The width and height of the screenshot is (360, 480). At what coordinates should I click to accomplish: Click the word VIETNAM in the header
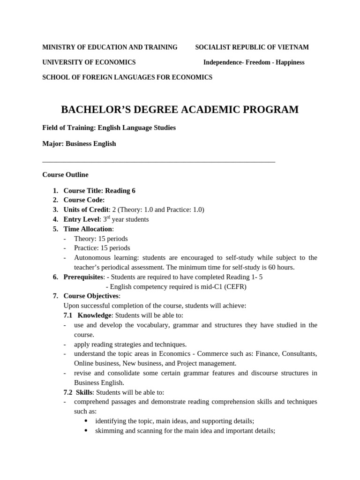click(x=294, y=47)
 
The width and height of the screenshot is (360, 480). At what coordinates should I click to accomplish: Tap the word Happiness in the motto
click(x=289, y=62)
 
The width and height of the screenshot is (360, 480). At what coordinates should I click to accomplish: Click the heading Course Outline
click(x=65, y=175)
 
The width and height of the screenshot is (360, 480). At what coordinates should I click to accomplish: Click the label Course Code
click(x=83, y=200)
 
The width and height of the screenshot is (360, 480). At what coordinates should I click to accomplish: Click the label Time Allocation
click(x=88, y=229)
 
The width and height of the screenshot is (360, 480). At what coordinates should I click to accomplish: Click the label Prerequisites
click(x=83, y=277)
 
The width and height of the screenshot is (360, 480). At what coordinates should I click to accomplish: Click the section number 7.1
click(x=68, y=315)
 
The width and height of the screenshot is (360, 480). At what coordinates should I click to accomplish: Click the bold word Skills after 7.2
click(x=85, y=392)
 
